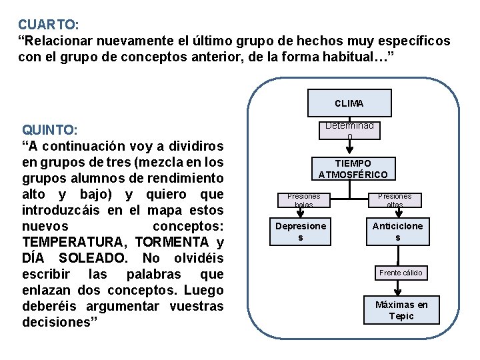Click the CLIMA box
[x=349, y=103]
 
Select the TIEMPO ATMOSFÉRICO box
[x=353, y=169]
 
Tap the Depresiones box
[x=301, y=231]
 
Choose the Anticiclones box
[x=397, y=231]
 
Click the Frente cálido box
[x=400, y=273]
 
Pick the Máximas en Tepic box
[x=401, y=310]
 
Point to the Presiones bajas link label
[x=303, y=200]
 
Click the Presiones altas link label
[x=395, y=200]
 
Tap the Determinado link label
[x=349, y=130]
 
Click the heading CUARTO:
[x=49, y=25]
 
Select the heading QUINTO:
[x=51, y=129]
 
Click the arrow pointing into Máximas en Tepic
[x=398, y=289]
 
